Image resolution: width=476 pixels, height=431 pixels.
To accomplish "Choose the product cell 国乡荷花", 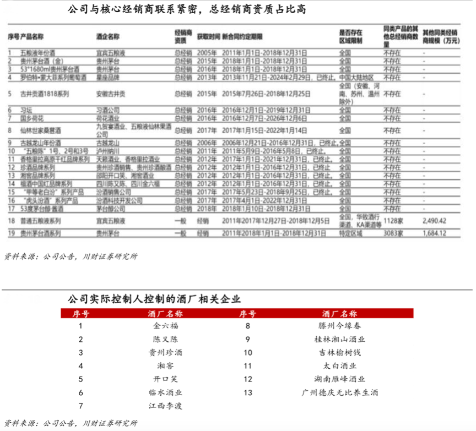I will pyautogui.click(x=31, y=118).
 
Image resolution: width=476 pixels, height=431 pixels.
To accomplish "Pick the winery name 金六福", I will pyautogui.click(x=163, y=326).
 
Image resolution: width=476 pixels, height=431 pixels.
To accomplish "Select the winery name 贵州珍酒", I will pyautogui.click(x=163, y=352).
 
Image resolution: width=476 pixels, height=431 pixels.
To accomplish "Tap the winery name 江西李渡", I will pyautogui.click(x=163, y=406).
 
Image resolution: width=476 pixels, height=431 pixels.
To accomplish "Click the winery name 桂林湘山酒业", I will pyautogui.click(x=341, y=339).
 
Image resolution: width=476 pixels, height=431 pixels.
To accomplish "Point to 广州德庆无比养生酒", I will pyautogui.click(x=341, y=392).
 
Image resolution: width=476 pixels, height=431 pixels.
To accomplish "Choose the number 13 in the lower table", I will pyautogui.click(x=247, y=392).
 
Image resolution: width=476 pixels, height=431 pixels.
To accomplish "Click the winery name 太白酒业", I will pyautogui.click(x=341, y=365).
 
